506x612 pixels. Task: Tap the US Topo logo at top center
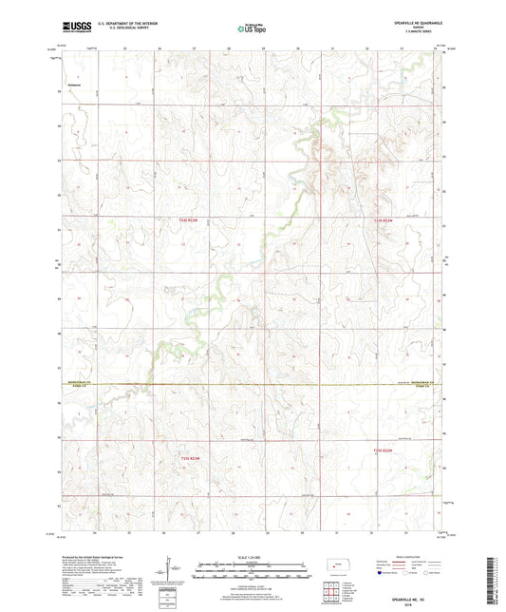pyautogui.click(x=249, y=29)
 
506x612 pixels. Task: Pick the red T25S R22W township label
pyautogui.click(x=383, y=450)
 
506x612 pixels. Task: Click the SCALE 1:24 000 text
pyautogui.click(x=252, y=555)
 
